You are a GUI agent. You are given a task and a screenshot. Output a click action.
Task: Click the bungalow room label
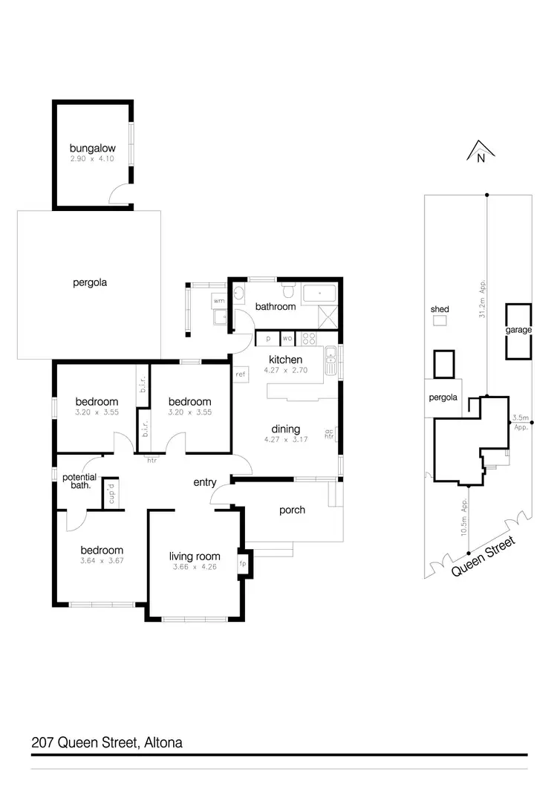[x=93, y=148]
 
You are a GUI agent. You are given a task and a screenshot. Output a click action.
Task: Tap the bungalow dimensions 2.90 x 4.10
[x=93, y=159]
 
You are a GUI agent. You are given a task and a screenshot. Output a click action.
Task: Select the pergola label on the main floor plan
[x=90, y=282]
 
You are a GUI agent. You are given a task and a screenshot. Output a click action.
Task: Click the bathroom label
[x=276, y=306]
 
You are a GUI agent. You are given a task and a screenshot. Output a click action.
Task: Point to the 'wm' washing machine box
[x=218, y=301]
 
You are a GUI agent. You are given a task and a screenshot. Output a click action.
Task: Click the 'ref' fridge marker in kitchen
[x=241, y=374]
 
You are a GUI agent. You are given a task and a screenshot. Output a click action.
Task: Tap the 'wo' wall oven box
[x=287, y=339]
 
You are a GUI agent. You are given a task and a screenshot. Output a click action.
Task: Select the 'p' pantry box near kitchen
[x=267, y=339]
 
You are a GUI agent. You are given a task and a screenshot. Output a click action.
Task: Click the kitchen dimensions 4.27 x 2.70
[x=285, y=370]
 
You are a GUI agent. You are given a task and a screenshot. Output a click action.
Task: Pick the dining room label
[x=285, y=429]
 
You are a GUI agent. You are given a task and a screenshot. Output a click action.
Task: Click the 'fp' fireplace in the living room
[x=242, y=562]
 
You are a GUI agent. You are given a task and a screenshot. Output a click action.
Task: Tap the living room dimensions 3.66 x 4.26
[x=195, y=568]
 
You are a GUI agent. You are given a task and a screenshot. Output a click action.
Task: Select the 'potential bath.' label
[x=76, y=481]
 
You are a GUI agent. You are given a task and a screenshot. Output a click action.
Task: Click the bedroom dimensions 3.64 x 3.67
[x=102, y=561]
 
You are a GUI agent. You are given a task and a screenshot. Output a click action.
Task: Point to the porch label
[x=292, y=510]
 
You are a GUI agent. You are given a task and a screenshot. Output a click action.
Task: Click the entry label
[x=204, y=483]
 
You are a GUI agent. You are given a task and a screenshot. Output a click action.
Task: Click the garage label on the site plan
[x=519, y=330]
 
